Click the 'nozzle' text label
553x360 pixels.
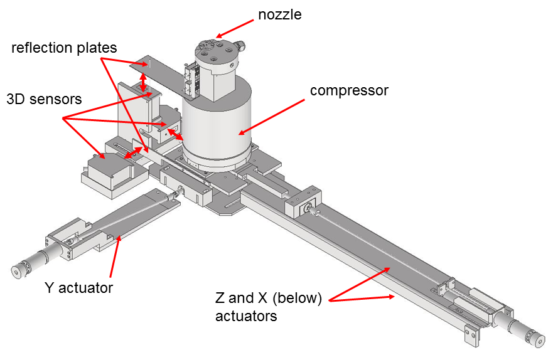(x=280, y=14)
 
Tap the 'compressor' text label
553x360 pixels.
(x=350, y=90)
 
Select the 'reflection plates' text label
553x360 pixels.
(x=64, y=48)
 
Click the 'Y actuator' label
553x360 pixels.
(x=78, y=288)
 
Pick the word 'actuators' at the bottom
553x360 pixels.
(x=246, y=316)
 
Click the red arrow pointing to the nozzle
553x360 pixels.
(x=234, y=27)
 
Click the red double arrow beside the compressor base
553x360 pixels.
(x=175, y=134)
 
